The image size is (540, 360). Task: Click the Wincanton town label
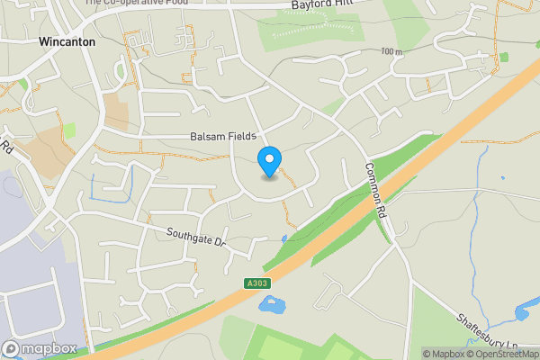(67, 41)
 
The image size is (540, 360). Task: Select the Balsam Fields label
(223, 136)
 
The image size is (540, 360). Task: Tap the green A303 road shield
(256, 283)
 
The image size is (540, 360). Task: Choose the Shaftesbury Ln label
(486, 332)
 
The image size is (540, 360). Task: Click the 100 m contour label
(390, 52)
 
